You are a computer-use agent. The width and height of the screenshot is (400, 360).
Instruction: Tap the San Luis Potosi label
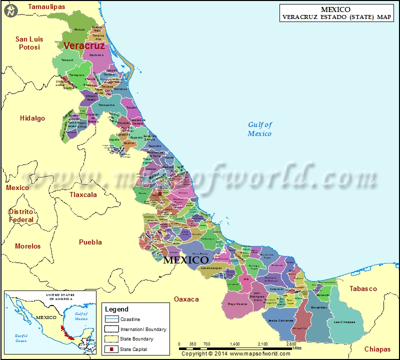[29, 43]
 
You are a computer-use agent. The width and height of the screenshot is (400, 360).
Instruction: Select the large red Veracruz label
[84, 45]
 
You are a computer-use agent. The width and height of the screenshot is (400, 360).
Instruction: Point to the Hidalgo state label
[32, 118]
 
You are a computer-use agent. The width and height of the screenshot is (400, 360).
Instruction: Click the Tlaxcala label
[83, 194]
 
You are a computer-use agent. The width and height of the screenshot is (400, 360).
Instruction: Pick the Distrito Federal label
[21, 215]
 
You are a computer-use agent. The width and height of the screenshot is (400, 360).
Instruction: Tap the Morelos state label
[28, 246]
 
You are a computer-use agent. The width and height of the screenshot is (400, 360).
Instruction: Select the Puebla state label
[90, 242]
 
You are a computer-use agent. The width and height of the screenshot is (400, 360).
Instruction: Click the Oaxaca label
[186, 299]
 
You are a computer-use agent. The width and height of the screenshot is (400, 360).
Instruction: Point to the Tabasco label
[363, 288]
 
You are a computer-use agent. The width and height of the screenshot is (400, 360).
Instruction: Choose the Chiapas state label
[377, 349]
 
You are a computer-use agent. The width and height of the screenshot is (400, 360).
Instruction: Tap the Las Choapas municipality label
[344, 321]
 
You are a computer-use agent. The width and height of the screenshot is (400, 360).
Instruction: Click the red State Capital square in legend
[112, 349]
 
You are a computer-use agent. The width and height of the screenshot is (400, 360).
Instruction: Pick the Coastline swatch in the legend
[111, 319]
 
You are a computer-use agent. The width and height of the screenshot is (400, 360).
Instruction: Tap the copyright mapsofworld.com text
[229, 353]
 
